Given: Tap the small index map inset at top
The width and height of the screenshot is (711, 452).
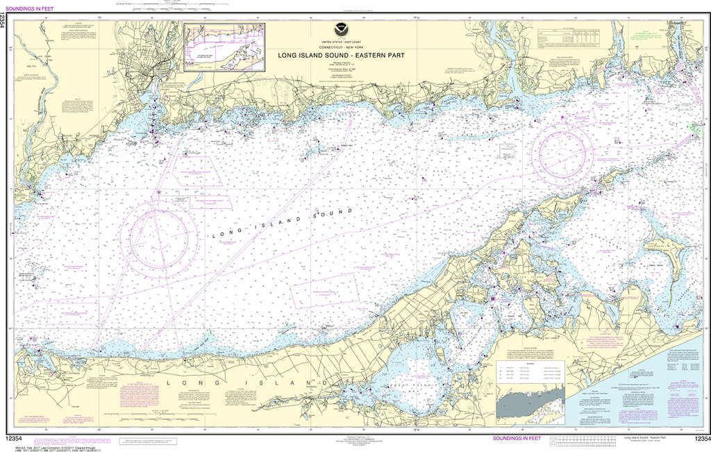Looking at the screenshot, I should (224, 47).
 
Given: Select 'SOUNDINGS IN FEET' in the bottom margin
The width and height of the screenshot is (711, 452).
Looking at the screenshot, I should (517, 439).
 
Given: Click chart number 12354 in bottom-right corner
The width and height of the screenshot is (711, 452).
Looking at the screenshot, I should (697, 439).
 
